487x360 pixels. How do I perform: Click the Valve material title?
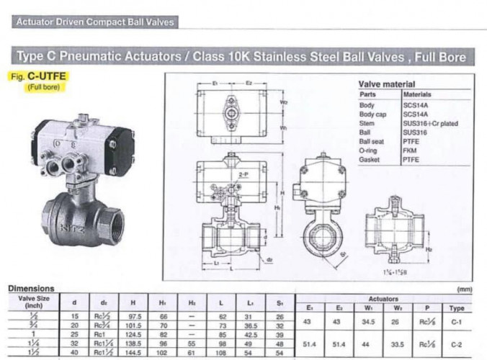click(x=387, y=84)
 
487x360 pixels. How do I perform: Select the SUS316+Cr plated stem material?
click(x=430, y=124)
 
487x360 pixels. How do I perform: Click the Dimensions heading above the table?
click(x=32, y=288)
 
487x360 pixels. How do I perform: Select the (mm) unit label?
click(x=465, y=289)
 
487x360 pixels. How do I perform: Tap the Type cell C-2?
click(x=456, y=345)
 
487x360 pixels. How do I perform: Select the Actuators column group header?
click(x=383, y=297)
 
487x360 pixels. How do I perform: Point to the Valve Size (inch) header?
click(x=33, y=301)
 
